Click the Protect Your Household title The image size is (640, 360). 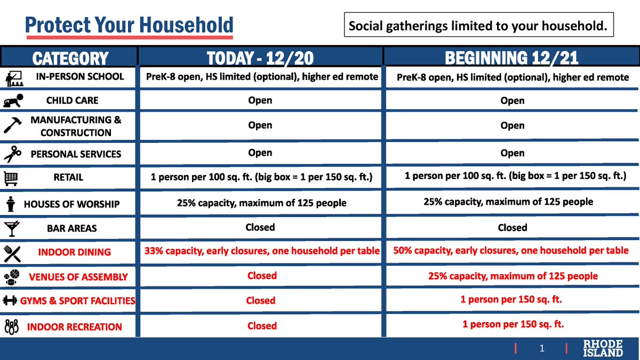[x=129, y=25]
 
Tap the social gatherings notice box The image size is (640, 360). [x=478, y=26]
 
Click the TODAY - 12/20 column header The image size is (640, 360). [x=260, y=58]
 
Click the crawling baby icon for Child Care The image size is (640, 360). [x=12, y=100]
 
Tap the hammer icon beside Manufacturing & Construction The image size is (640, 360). [x=12, y=125]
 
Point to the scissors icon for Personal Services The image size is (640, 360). [x=12, y=154]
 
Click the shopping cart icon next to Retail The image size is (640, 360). [x=12, y=177]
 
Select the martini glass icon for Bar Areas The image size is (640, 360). [x=12, y=228]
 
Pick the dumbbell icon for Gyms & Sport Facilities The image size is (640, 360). [x=11, y=301]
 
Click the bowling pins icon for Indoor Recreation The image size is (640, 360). [x=12, y=326]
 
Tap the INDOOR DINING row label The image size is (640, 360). [x=74, y=252]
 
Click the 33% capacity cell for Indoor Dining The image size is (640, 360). [x=262, y=251]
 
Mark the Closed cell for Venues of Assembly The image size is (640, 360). [x=262, y=276]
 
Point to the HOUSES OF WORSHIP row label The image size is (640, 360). [x=71, y=204]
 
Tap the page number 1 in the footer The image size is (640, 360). [x=541, y=349]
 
